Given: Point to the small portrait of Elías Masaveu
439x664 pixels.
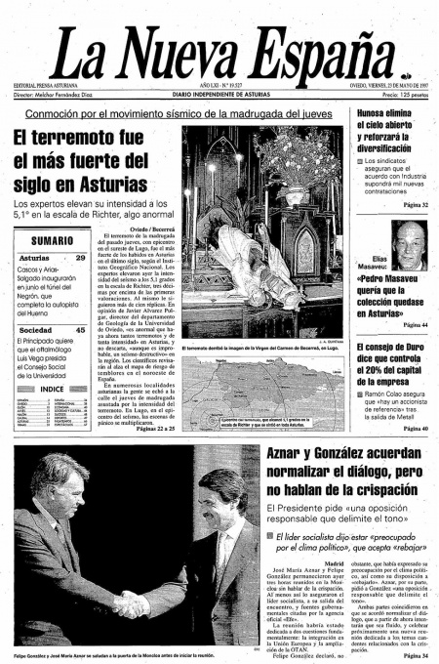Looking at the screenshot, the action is (412, 238).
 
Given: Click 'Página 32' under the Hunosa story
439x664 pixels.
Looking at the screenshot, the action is (414, 204).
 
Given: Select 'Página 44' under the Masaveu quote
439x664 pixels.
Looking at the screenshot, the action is (414, 324).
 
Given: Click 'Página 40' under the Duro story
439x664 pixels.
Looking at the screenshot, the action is (414, 429).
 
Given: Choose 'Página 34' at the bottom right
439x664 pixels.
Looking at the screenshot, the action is (414, 655).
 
